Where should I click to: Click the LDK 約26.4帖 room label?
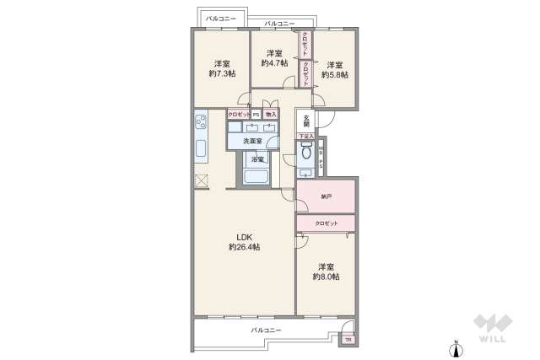coord(244,241)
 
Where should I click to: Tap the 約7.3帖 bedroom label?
coord(222,68)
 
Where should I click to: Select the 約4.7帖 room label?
coord(274,58)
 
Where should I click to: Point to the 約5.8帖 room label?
coord(334,69)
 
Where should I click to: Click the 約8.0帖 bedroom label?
coord(326,271)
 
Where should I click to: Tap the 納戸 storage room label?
coord(326,196)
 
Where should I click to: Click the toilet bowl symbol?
coord(305,155)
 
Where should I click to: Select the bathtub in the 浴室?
coord(256,176)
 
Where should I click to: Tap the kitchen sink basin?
coord(201,150)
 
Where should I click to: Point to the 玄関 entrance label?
coord(305,121)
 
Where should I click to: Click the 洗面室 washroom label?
coord(253,141)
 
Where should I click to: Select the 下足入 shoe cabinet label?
coord(305,136)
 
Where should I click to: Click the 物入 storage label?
coord(270,114)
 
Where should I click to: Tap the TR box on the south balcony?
coord(348,340)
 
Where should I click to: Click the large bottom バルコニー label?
coord(266,330)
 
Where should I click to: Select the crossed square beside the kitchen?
coord(201,180)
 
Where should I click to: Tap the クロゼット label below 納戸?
coord(326,223)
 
